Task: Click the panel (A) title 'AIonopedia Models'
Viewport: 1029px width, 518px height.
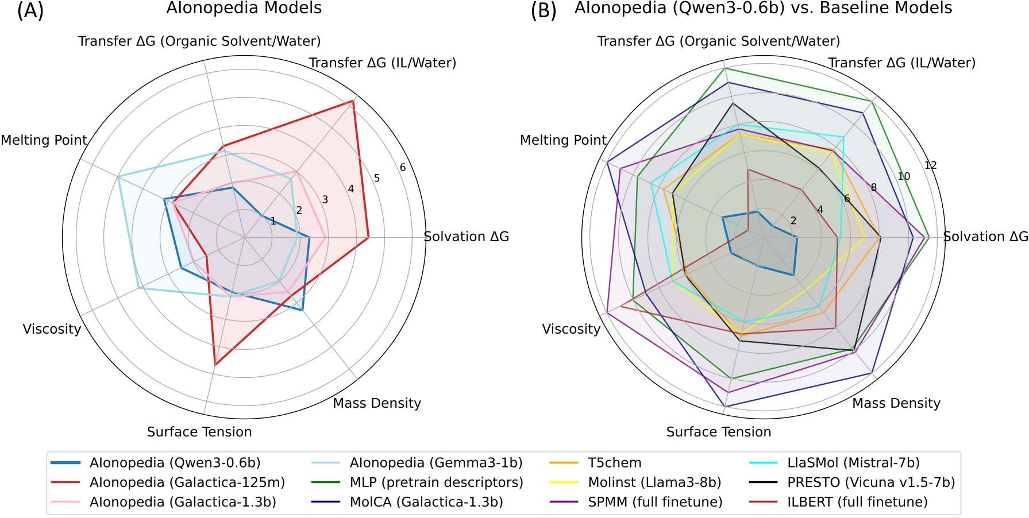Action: [x=244, y=9]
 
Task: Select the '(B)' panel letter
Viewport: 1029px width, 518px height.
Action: [x=544, y=10]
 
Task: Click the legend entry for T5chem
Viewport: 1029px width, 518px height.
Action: [x=614, y=463]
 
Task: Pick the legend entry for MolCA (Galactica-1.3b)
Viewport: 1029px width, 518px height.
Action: [x=426, y=502]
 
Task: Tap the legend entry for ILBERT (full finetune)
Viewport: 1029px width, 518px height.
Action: [x=857, y=502]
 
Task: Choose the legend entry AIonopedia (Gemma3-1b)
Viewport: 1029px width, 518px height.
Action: [x=436, y=463]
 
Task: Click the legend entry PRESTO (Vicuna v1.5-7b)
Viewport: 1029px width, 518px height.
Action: [x=871, y=482]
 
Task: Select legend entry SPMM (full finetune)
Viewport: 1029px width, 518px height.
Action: [x=655, y=502]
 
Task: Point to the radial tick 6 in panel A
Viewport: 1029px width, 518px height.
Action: [x=403, y=168]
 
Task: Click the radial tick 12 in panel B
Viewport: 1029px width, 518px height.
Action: [x=930, y=165]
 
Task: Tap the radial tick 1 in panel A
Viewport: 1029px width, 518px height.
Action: [x=273, y=222]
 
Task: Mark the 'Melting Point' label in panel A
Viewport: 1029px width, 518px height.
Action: [x=44, y=140]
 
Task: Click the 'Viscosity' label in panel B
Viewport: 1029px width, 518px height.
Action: [x=571, y=329]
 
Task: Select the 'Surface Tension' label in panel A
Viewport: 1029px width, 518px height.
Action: [x=199, y=432]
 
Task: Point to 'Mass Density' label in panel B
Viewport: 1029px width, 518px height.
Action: [x=896, y=403]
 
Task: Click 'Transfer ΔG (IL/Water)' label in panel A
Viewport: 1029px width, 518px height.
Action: [x=383, y=63]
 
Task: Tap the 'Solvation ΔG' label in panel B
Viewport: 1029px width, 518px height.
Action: [x=985, y=237]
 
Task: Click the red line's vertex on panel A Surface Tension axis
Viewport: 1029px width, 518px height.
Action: [x=214, y=365]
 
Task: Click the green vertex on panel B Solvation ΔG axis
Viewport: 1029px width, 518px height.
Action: [x=929, y=237]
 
